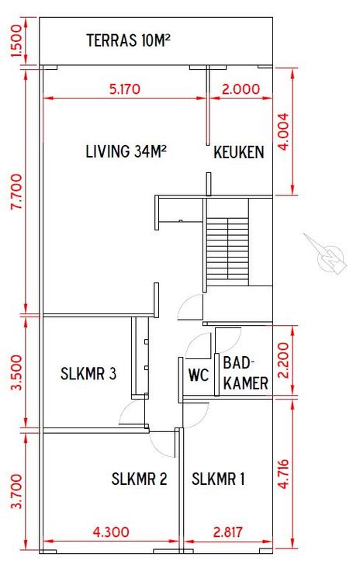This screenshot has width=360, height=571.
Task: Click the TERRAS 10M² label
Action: (129, 40)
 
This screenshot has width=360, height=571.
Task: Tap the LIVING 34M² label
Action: (126, 151)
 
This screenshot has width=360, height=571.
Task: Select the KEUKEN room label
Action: (239, 152)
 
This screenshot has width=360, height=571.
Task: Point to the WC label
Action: (199, 375)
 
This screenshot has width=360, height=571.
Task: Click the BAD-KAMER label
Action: (245, 373)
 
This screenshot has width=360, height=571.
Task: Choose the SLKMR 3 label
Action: (88, 374)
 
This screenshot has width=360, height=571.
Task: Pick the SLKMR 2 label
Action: (140, 479)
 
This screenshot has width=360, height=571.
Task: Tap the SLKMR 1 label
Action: (218, 479)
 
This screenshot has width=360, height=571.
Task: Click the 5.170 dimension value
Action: (125, 89)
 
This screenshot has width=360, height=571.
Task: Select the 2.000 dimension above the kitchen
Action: (241, 89)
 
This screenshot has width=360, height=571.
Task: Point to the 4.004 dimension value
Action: (283, 131)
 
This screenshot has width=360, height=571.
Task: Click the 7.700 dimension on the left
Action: (17, 192)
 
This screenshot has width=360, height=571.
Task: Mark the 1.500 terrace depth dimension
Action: (17, 40)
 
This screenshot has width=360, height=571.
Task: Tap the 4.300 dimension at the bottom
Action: (111, 532)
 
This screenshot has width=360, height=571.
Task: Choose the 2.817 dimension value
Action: (228, 532)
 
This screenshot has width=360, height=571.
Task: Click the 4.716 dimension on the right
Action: (283, 473)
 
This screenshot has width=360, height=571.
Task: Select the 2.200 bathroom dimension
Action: (283, 360)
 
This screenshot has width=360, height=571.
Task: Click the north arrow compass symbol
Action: (327, 255)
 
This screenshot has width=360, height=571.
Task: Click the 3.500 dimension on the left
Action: (17, 372)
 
